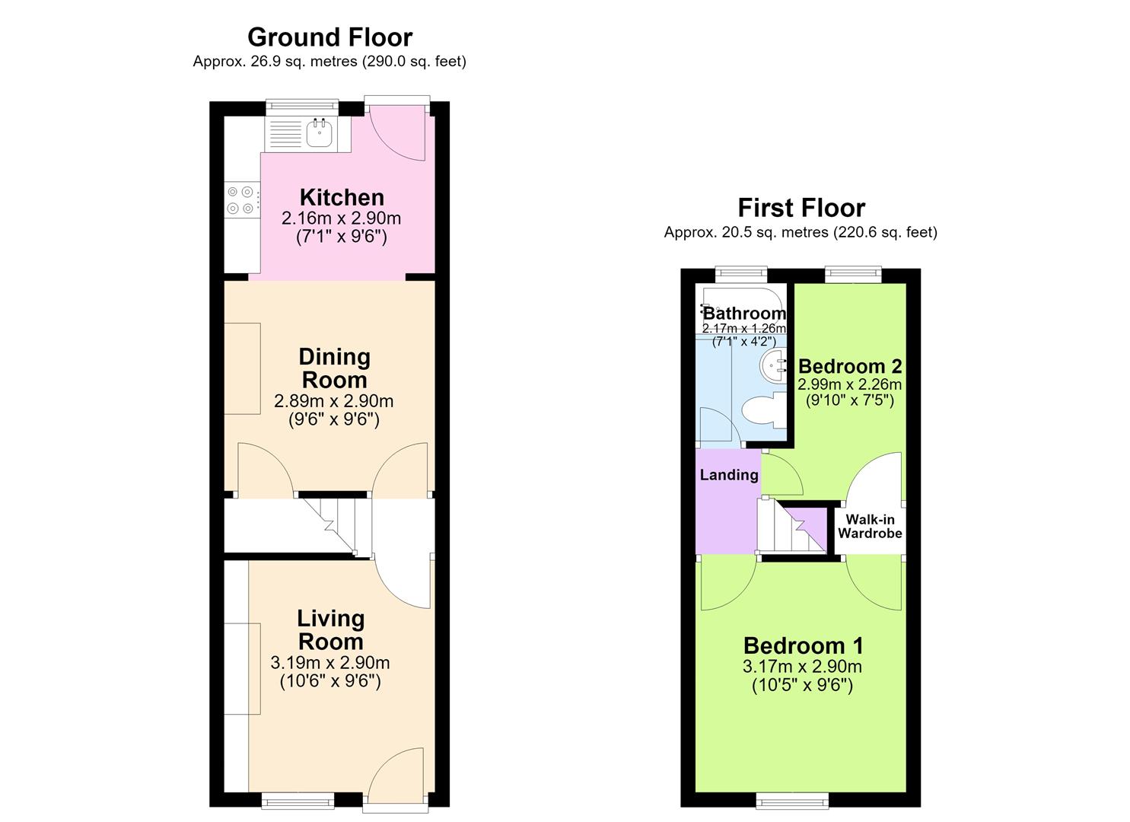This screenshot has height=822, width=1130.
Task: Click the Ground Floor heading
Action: [x=330, y=37]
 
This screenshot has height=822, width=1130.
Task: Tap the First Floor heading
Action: [x=801, y=208]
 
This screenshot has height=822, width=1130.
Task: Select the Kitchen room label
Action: [x=342, y=197]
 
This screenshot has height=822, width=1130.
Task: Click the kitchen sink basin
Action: [x=320, y=133]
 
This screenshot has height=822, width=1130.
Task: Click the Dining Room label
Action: [x=335, y=368]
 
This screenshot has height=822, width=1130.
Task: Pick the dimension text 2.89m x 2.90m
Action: [x=333, y=401]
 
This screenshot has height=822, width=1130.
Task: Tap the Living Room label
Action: [x=330, y=629]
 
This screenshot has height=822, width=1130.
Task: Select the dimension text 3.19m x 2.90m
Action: [x=330, y=662]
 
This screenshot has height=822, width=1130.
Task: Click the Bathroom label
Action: [x=745, y=314]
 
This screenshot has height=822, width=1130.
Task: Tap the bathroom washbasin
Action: [x=773, y=366]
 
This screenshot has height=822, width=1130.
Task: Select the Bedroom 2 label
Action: [x=850, y=366]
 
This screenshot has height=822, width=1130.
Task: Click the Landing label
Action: [x=729, y=475]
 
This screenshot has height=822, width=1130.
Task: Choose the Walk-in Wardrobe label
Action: [x=871, y=526]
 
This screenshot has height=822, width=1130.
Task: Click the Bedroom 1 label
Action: [x=804, y=646]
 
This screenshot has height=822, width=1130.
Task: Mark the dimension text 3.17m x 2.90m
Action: [x=802, y=667]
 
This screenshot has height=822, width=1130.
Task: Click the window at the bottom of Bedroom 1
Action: [x=792, y=800]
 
